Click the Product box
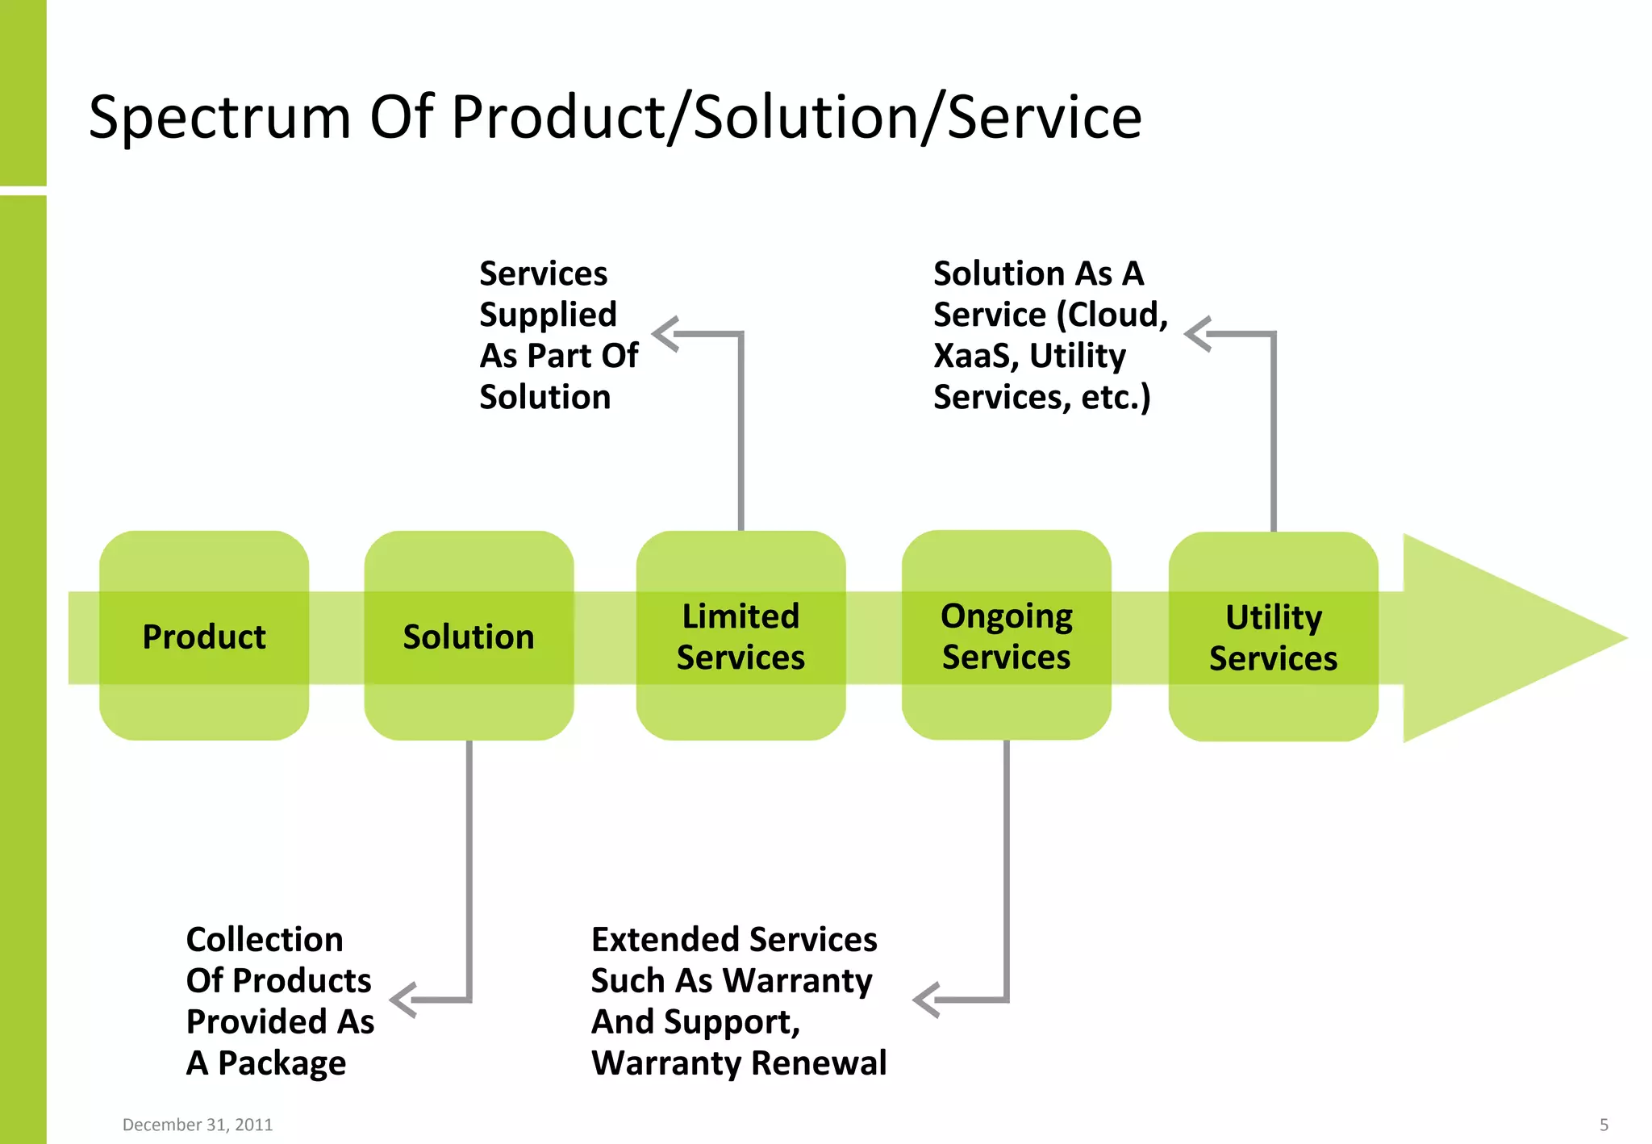(204, 637)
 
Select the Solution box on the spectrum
(469, 637)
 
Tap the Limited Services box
(740, 637)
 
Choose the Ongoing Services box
(1006, 637)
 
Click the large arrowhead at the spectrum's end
(1492, 637)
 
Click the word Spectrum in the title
(219, 118)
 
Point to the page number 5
(1604, 1125)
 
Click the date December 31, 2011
(198, 1125)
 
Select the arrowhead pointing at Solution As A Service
(1198, 334)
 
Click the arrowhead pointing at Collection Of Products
(403, 1000)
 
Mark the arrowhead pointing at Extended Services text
(926, 1000)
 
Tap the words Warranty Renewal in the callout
(739, 1063)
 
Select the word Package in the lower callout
(282, 1063)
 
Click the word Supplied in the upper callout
(548, 315)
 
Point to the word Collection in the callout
(265, 939)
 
